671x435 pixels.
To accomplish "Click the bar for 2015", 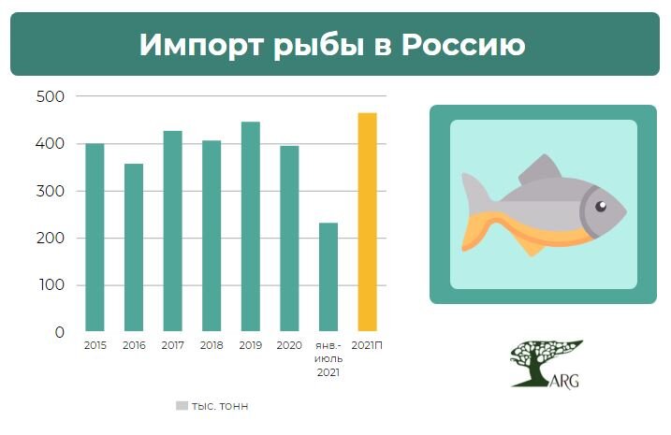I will (95, 238).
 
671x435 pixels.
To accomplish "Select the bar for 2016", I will (134, 248).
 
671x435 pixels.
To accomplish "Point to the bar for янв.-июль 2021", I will (328, 277).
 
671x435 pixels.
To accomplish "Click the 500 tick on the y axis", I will (51, 96).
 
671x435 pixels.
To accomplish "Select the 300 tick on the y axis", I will (51, 191).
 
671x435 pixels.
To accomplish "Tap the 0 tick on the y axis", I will (59, 332).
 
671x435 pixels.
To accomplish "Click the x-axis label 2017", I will (172, 346).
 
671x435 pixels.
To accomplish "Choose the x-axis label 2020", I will (289, 346).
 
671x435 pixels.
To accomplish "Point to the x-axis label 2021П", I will (367, 346).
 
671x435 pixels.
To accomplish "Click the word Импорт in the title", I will (196, 44).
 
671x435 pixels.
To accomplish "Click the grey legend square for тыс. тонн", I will (182, 406).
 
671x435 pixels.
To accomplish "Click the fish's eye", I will (601, 206).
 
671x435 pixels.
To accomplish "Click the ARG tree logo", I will (546, 364).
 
